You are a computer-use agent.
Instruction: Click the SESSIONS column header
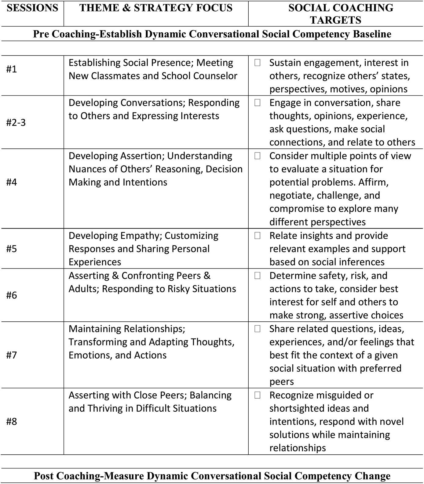pyautogui.click(x=32, y=8)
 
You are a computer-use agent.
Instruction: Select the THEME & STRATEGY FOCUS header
pyautogui.click(x=156, y=8)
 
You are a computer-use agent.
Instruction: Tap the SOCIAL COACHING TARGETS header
pyautogui.click(x=336, y=14)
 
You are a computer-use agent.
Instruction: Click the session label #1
pyautogui.click(x=12, y=69)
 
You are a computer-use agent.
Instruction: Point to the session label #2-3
pyautogui.click(x=16, y=122)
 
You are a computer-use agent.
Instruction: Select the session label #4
pyautogui.click(x=12, y=182)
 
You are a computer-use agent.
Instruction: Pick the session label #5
pyautogui.click(x=12, y=249)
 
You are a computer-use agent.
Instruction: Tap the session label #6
pyautogui.click(x=12, y=295)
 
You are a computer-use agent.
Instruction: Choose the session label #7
pyautogui.click(x=12, y=355)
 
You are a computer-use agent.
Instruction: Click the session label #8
pyautogui.click(x=12, y=421)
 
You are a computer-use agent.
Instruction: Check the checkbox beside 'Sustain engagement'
pyautogui.click(x=258, y=63)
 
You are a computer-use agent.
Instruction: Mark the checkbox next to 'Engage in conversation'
pyautogui.click(x=258, y=103)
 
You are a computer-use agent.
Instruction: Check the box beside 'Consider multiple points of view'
pyautogui.click(x=258, y=156)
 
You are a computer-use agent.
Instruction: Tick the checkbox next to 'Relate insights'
pyautogui.click(x=258, y=236)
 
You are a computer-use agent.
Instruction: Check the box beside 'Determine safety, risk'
pyautogui.click(x=258, y=276)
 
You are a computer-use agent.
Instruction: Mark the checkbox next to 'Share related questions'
pyautogui.click(x=258, y=329)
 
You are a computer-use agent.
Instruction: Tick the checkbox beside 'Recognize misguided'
pyautogui.click(x=258, y=395)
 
